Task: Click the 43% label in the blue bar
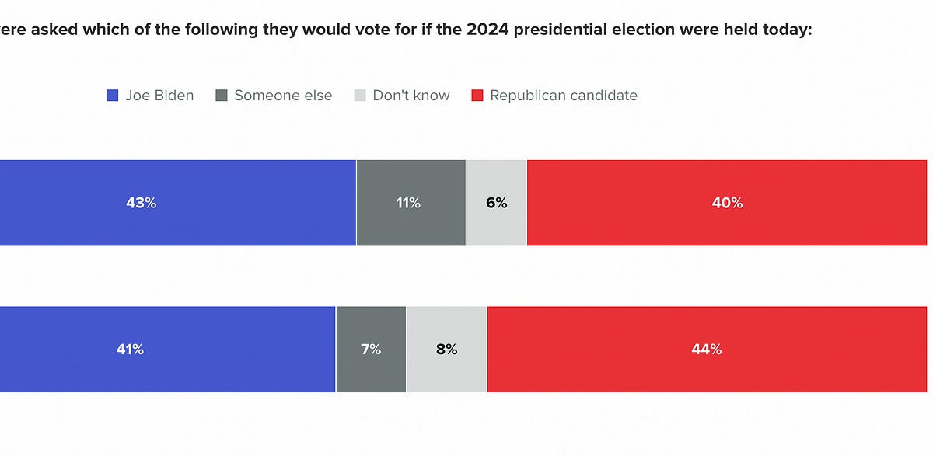click(142, 203)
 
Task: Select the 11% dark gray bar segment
click(410, 203)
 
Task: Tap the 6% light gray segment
click(496, 203)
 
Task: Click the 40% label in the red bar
click(727, 203)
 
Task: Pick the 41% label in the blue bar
click(130, 350)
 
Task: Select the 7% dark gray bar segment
click(371, 350)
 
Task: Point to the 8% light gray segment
click(446, 350)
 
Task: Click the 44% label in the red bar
click(707, 350)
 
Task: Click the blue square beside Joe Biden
click(112, 96)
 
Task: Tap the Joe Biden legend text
click(159, 96)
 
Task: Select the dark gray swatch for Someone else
click(221, 96)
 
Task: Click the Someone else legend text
click(283, 96)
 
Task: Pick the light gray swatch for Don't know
click(359, 96)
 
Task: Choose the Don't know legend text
click(411, 96)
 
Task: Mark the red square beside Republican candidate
click(477, 96)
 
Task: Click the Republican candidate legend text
click(564, 96)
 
